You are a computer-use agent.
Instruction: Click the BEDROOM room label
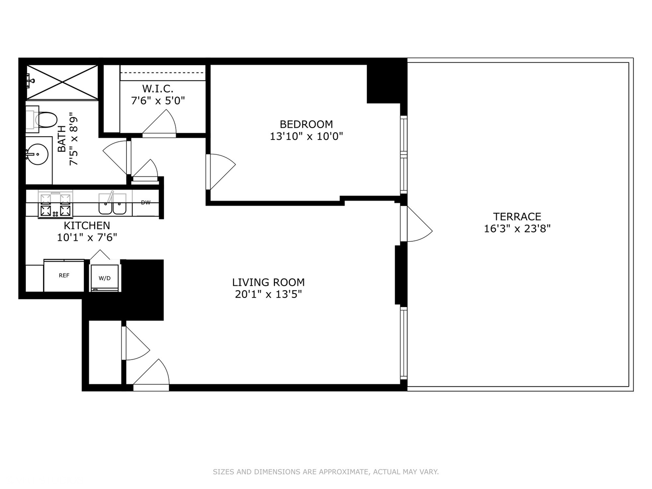tap(306, 124)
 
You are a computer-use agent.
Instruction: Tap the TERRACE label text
tap(517, 216)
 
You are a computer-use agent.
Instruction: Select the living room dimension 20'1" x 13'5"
tap(268, 294)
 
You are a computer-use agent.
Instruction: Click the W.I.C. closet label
tap(158, 89)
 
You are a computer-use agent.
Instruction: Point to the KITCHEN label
tap(86, 225)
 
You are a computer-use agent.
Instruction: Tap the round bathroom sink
tap(37, 154)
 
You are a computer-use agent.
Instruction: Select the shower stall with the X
tap(62, 82)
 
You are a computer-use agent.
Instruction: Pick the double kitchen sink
tap(113, 204)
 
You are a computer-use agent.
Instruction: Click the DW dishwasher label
tap(145, 202)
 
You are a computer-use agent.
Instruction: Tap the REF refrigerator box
tap(64, 275)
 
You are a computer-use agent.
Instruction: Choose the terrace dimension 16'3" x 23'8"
tap(517, 229)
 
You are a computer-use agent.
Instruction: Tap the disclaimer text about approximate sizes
tap(326, 472)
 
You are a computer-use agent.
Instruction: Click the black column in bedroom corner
tap(385, 83)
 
